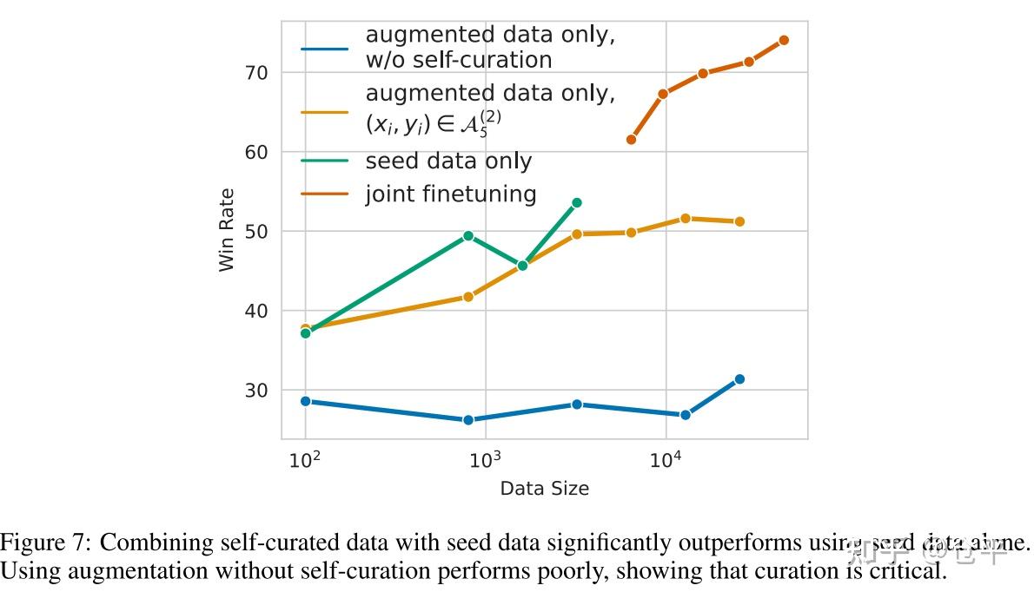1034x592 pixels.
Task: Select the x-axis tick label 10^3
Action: (x=483, y=458)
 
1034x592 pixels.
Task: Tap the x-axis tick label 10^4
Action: (x=665, y=458)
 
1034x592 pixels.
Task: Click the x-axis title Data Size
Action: (x=544, y=489)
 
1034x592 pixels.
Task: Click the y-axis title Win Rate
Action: (x=227, y=230)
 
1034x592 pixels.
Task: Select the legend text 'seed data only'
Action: (x=448, y=161)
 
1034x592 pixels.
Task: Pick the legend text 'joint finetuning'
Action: (x=451, y=194)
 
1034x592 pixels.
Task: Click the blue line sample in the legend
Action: (x=324, y=48)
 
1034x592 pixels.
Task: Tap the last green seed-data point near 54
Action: (x=576, y=203)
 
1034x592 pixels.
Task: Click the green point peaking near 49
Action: (x=468, y=235)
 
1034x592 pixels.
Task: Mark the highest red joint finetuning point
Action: (x=784, y=40)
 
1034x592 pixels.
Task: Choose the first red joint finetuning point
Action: (x=631, y=140)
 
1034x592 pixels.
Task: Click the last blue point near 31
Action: (x=739, y=379)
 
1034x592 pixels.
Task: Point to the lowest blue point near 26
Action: (x=468, y=420)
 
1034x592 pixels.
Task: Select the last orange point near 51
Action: (x=739, y=221)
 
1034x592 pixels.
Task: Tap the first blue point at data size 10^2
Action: (x=305, y=401)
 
